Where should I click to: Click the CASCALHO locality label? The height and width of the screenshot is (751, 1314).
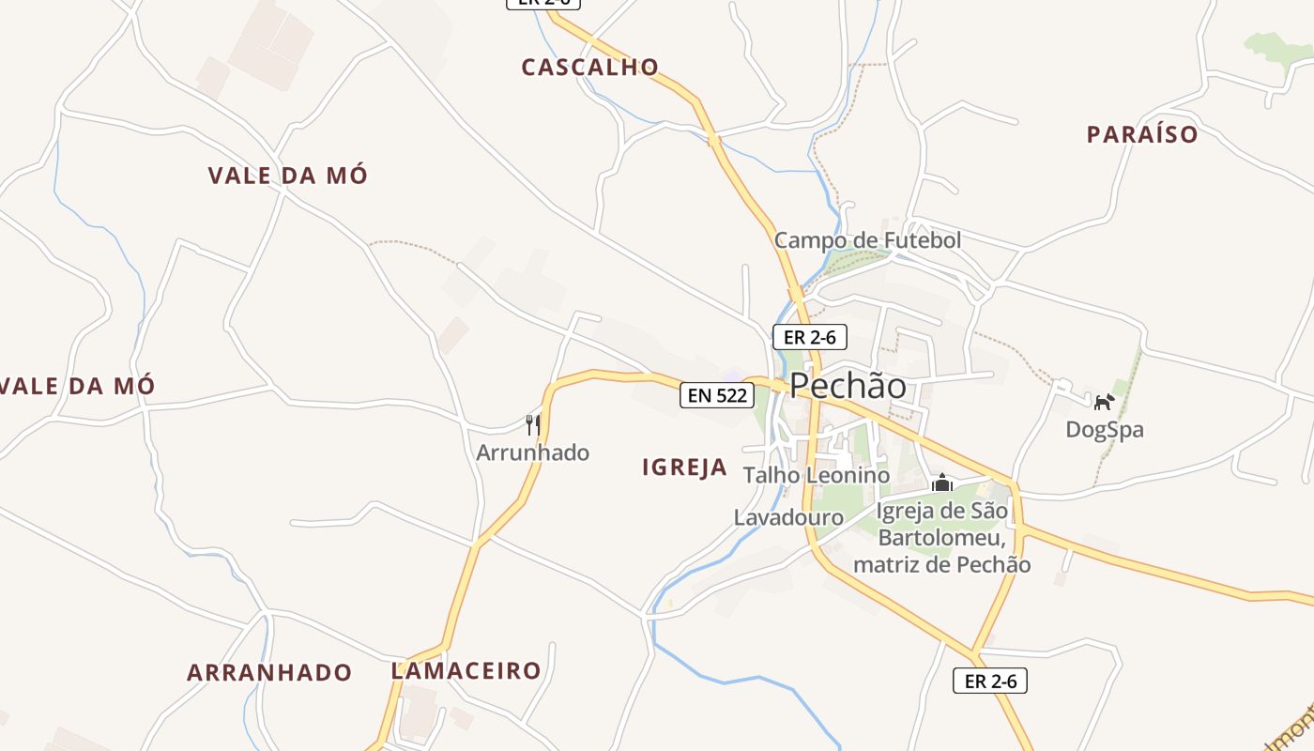[590, 68]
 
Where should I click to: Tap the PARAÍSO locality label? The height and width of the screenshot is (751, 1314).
[1142, 135]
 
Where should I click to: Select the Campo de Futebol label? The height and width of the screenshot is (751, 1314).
[867, 240]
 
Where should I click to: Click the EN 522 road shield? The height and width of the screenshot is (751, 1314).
[717, 395]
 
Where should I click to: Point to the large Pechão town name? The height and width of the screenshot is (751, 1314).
[848, 386]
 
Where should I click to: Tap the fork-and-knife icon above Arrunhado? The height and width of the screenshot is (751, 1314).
[533, 424]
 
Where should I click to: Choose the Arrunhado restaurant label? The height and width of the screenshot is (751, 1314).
[533, 452]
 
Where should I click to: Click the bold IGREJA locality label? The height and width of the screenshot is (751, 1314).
[685, 467]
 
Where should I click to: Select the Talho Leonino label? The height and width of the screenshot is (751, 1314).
[816, 475]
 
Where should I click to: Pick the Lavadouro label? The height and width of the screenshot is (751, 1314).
[788, 517]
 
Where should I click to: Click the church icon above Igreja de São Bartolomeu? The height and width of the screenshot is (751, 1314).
[941, 483]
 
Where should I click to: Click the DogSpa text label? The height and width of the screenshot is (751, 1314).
[1105, 430]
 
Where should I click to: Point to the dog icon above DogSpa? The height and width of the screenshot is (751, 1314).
[1104, 402]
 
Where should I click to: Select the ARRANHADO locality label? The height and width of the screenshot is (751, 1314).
[269, 673]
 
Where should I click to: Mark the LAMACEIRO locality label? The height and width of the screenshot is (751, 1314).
[466, 671]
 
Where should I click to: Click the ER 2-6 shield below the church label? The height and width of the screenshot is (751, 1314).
[990, 681]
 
